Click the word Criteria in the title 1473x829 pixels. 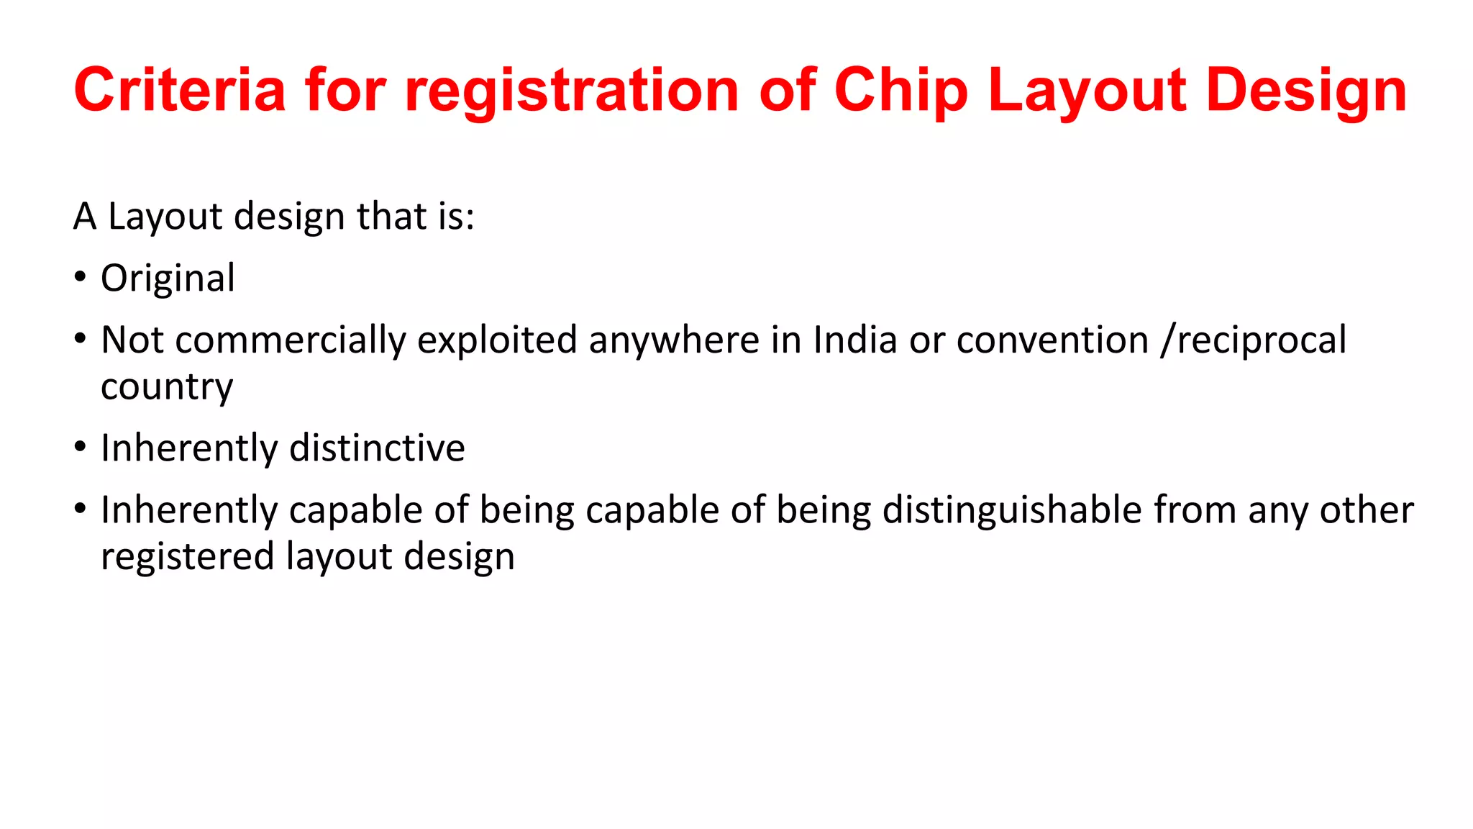tap(180, 90)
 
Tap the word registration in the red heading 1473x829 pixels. tap(572, 90)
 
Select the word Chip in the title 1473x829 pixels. tap(901, 90)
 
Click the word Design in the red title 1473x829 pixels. tap(1306, 90)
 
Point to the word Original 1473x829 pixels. tap(168, 278)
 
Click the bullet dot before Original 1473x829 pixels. tap(80, 277)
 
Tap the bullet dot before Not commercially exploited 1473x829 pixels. tap(80, 339)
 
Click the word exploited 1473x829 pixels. tap(497, 340)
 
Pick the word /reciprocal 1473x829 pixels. tap(1254, 340)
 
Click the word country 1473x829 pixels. tap(167, 387)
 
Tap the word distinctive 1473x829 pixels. tap(377, 448)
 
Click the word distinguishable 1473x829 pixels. tap(1012, 510)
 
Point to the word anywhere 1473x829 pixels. tap(674, 340)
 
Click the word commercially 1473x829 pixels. tap(290, 340)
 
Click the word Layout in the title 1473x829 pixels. tap(1087, 90)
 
